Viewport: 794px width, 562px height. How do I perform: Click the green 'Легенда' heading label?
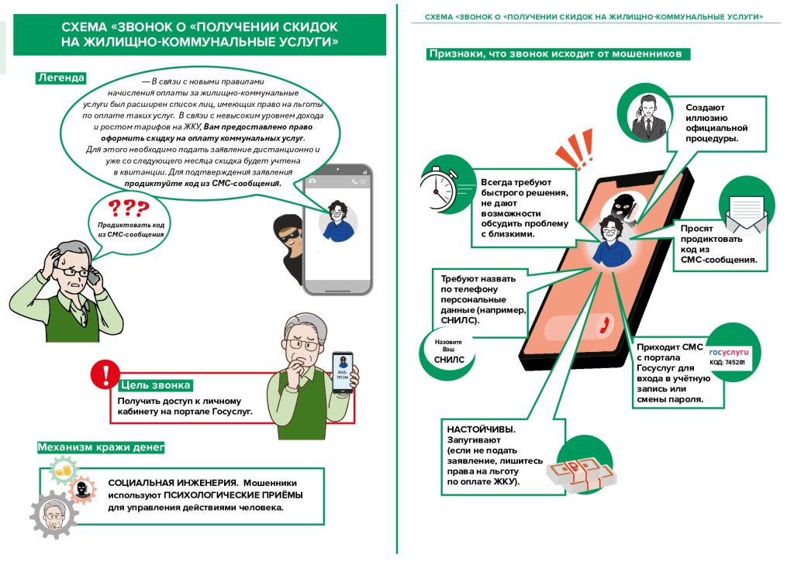pos(60,78)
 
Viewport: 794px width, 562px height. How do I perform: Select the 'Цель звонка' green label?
pos(155,384)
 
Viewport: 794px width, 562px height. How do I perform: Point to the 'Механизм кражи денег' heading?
pos(101,447)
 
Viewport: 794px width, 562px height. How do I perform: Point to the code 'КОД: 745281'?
pos(727,363)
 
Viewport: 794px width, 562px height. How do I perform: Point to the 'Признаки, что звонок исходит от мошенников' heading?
pos(554,55)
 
